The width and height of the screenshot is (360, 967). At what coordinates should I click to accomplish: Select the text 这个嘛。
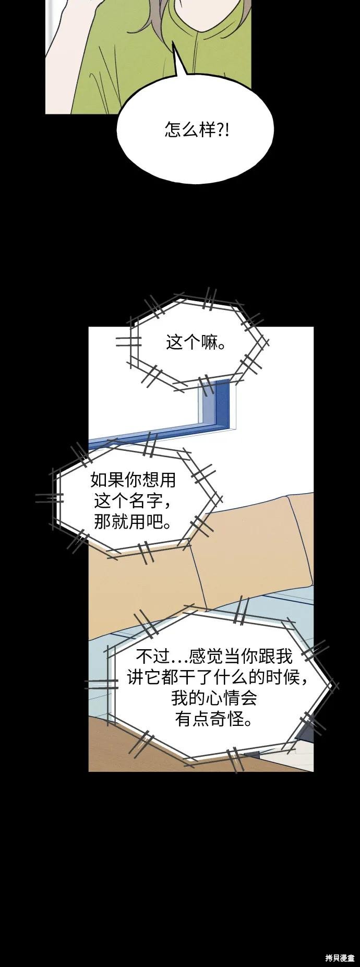click(x=196, y=343)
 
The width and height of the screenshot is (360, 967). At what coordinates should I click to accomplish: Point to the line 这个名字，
click(x=133, y=500)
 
